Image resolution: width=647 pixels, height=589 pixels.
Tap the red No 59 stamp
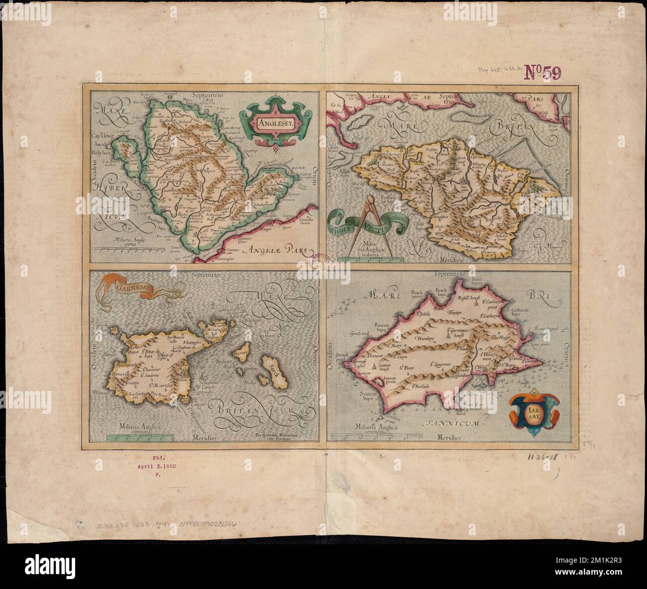pyautogui.click(x=542, y=73)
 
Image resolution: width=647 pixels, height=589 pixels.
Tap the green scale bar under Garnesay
pyautogui.click(x=140, y=437)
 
